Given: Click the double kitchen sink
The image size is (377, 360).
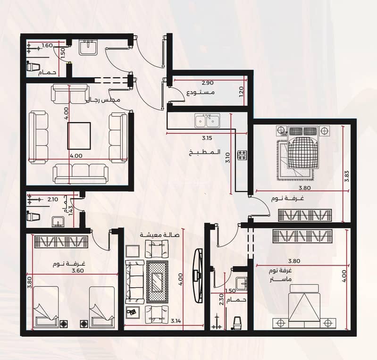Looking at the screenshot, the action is (x=207, y=120).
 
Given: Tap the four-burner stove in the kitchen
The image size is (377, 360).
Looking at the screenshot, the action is (x=242, y=155).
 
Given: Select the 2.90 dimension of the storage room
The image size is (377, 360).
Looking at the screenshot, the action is (x=208, y=83).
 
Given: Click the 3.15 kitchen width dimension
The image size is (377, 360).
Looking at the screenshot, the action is (x=207, y=138).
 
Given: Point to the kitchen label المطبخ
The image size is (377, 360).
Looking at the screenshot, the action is (x=205, y=152).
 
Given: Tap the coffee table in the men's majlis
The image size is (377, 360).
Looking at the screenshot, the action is (x=79, y=135).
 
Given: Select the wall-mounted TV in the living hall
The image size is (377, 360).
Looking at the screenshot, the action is (x=198, y=276).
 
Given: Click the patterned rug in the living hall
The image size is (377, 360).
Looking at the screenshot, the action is (x=157, y=282).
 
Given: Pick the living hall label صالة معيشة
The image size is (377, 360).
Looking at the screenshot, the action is (x=160, y=235).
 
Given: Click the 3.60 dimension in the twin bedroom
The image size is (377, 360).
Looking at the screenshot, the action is (x=78, y=270).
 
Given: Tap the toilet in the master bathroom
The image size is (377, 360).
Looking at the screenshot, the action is (x=237, y=323).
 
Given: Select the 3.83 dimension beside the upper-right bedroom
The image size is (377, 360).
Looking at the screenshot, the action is (x=347, y=176).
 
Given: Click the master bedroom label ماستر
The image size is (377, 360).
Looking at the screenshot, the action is (x=280, y=279).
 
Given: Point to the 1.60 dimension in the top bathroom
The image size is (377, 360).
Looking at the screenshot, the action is (x=47, y=45).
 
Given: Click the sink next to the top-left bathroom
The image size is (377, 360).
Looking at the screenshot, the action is (x=88, y=47).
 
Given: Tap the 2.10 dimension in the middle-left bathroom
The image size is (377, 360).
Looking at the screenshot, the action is (x=53, y=200).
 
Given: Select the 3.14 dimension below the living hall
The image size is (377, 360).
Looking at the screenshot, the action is (x=176, y=320).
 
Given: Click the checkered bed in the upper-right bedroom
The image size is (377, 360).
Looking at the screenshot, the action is (x=303, y=148).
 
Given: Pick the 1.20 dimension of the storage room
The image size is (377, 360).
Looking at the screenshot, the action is (x=242, y=92).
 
